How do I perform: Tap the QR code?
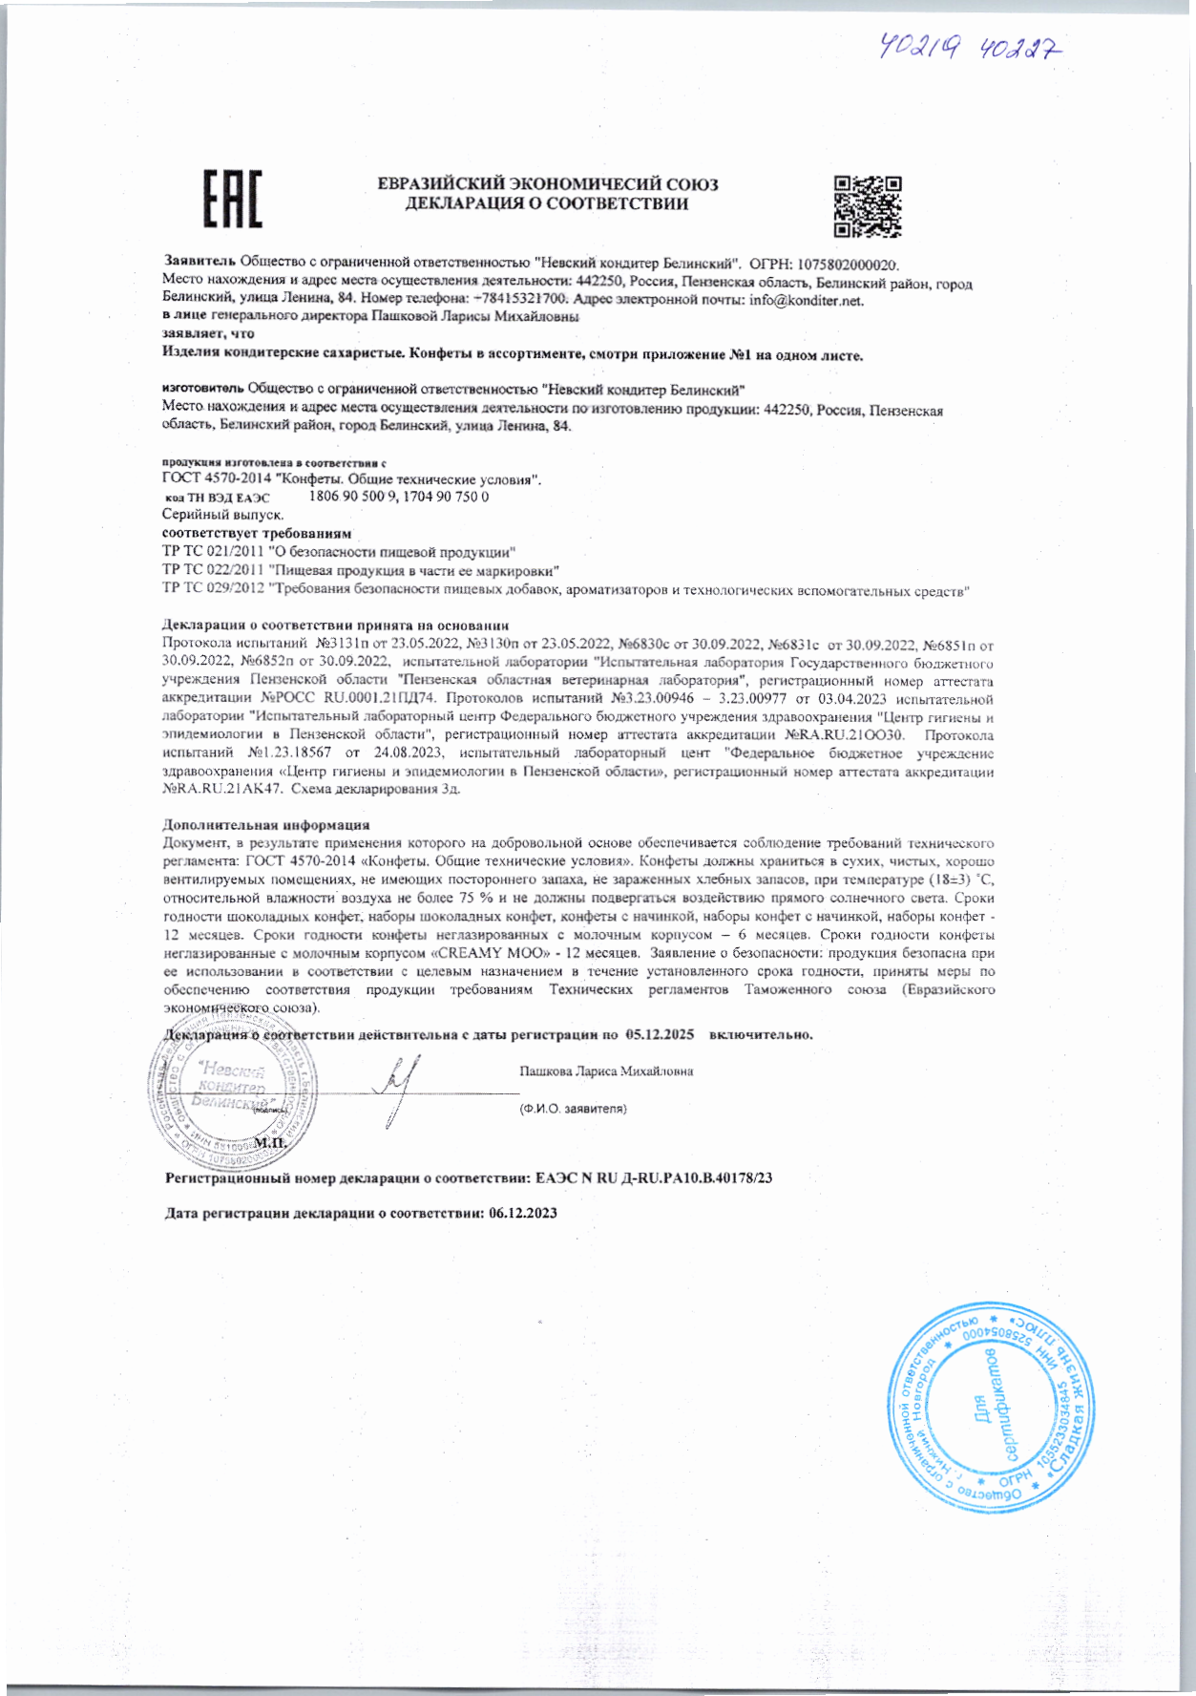[x=868, y=205]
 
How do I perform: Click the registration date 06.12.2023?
[x=522, y=1213]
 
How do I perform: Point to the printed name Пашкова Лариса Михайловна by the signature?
[x=606, y=1071]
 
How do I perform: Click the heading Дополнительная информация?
[x=266, y=824]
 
